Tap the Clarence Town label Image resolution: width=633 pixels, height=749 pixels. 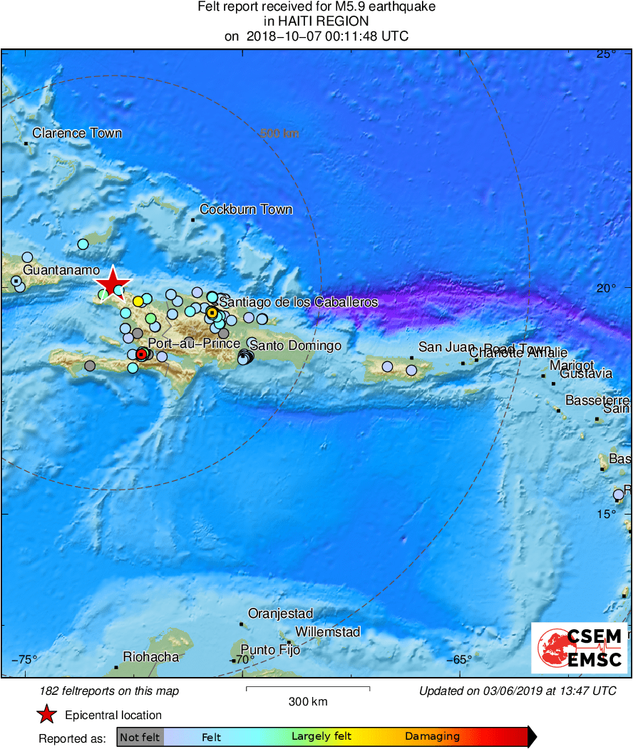pyautogui.click(x=77, y=133)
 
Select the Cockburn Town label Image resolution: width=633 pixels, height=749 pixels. pyautogui.click(x=246, y=210)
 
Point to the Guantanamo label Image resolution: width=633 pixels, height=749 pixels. pyautogui.click(x=51, y=271)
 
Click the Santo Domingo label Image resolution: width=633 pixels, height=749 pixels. pyautogui.click(x=295, y=346)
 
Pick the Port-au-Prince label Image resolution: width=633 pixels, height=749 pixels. pyautogui.click(x=194, y=343)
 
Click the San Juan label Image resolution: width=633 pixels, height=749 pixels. pyautogui.click(x=446, y=347)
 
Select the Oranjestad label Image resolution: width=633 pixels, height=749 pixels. pyautogui.click(x=280, y=614)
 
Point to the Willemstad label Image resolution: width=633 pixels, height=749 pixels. pyautogui.click(x=327, y=632)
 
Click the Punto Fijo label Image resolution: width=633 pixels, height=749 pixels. pyautogui.click(x=270, y=650)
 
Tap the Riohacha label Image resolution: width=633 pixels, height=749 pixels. pyautogui.click(x=151, y=657)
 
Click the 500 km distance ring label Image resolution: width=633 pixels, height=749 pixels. pyautogui.click(x=279, y=133)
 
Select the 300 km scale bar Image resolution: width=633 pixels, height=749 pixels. pyautogui.click(x=308, y=688)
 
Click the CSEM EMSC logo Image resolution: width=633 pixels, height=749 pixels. pyautogui.click(x=580, y=648)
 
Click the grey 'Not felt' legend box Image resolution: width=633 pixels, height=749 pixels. pyautogui.click(x=140, y=737)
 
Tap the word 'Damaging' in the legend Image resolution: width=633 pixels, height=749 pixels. pyautogui.click(x=432, y=737)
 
